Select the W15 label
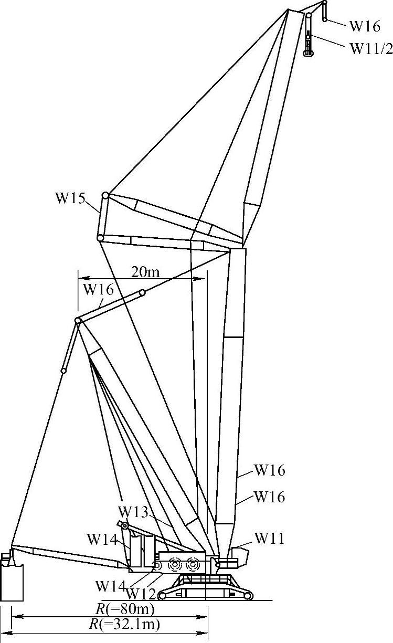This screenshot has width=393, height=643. point(71,199)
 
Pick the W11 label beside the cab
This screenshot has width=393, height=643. point(269,538)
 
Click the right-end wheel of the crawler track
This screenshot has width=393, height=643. point(247,596)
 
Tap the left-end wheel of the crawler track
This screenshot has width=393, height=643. point(163,596)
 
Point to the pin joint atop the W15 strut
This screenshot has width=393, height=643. point(105,195)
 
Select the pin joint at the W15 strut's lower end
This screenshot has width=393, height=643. point(100,238)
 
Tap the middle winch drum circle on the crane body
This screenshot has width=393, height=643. point(175,565)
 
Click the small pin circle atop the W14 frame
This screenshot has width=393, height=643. point(125,526)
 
